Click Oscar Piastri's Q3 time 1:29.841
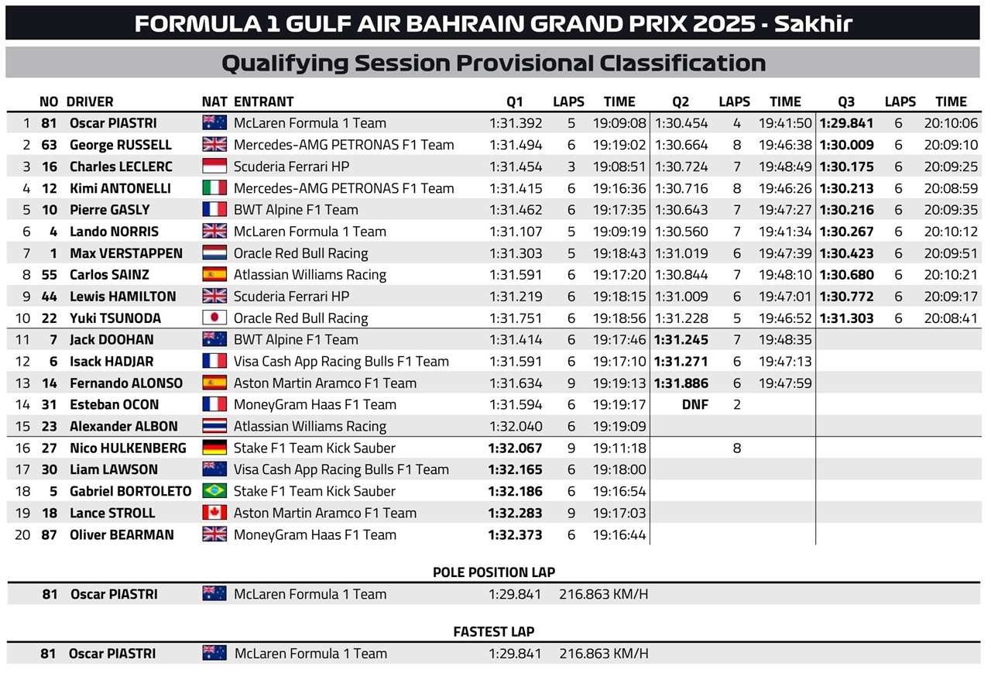click(x=846, y=123)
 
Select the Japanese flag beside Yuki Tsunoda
click(x=214, y=318)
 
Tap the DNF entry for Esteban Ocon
click(x=695, y=404)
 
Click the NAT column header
click(x=214, y=101)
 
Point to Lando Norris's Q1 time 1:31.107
click(x=516, y=232)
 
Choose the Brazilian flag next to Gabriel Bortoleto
click(x=214, y=491)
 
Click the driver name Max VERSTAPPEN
click(x=126, y=253)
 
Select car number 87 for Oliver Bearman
click(x=49, y=535)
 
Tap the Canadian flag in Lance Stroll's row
click(x=214, y=513)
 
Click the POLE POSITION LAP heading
click(x=494, y=572)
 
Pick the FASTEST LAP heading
click(x=494, y=632)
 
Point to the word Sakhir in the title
click(x=813, y=24)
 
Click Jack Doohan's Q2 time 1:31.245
click(x=681, y=339)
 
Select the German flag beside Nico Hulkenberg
click(x=214, y=448)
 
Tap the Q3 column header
click(x=846, y=101)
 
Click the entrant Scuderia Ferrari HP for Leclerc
click(x=291, y=167)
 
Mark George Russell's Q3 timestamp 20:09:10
click(x=951, y=145)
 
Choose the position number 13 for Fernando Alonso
click(x=22, y=383)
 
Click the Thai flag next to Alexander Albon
click(x=214, y=426)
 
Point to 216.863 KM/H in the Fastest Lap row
click(x=604, y=654)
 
